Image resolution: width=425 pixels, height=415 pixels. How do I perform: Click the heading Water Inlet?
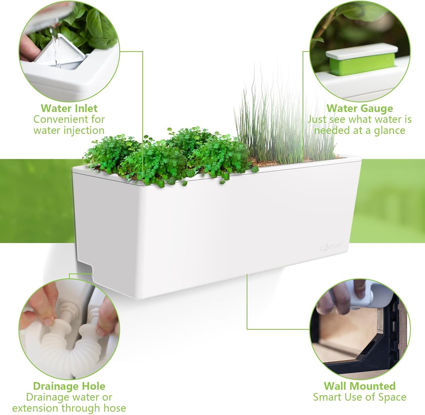69,108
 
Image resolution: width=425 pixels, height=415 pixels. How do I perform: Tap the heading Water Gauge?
359,108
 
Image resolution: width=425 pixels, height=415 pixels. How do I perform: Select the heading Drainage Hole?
69,386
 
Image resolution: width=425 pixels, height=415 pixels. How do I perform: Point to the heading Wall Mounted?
359,386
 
